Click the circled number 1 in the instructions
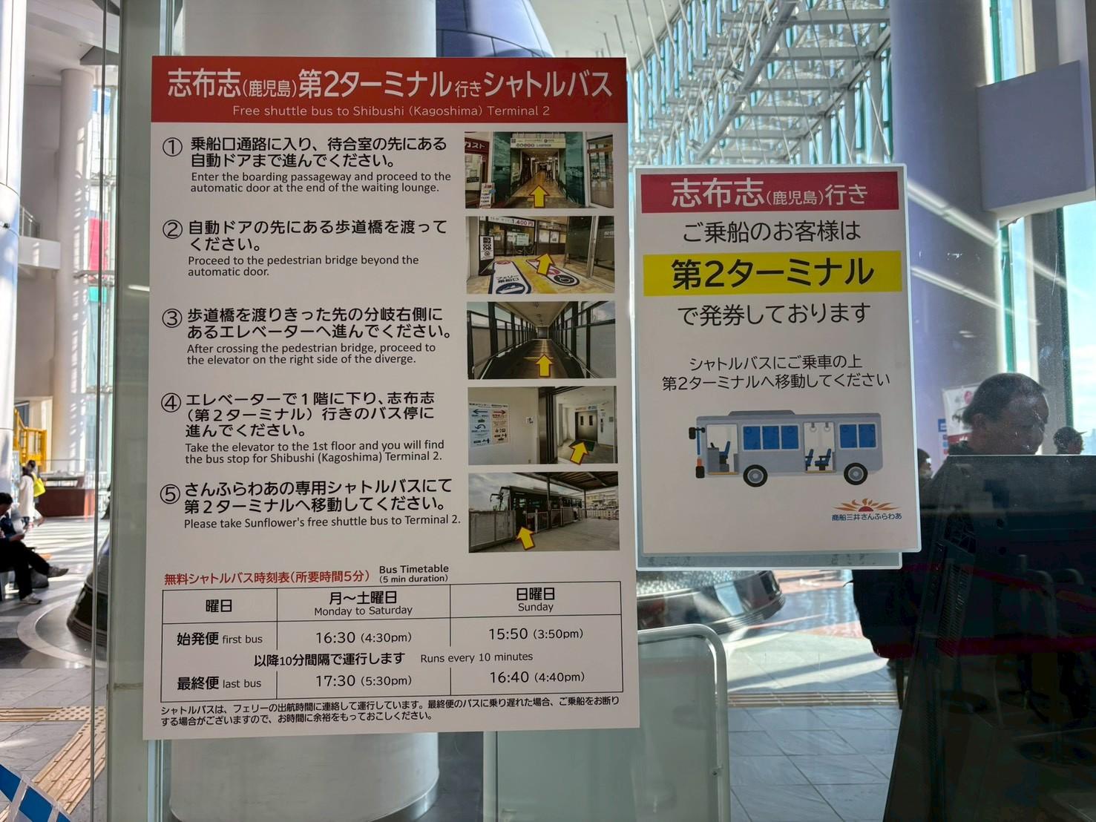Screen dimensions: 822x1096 point(172,147)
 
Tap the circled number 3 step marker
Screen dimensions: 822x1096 point(171,318)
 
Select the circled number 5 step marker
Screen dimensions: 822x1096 point(171,493)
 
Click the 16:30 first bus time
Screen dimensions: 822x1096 point(335,637)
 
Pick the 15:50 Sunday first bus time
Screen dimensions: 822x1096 point(508,634)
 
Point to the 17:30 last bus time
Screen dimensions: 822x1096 point(335,680)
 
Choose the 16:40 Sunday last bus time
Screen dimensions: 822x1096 point(509,677)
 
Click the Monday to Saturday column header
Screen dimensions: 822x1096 point(363,603)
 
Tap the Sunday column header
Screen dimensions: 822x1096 point(535,599)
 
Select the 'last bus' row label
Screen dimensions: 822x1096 point(218,683)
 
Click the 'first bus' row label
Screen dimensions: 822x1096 point(219,639)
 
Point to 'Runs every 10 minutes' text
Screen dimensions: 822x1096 point(476,657)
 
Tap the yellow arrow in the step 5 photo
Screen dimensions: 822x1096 point(525,537)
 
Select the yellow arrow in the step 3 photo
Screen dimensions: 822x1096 point(544,364)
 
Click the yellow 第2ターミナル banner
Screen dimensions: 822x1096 point(772,273)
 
